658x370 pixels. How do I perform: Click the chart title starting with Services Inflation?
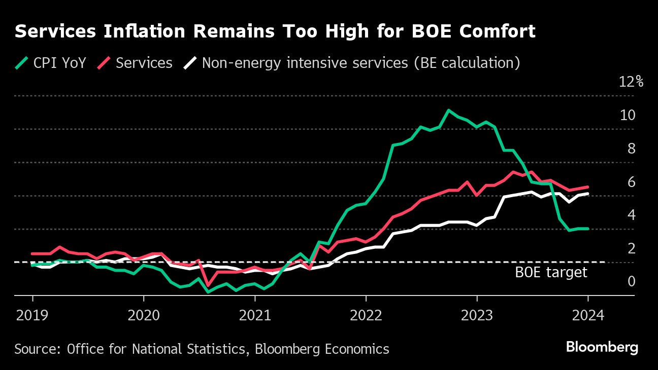pyautogui.click(x=275, y=31)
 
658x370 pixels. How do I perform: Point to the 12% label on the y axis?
pyautogui.click(x=631, y=82)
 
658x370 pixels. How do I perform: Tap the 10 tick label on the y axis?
pyautogui.click(x=628, y=115)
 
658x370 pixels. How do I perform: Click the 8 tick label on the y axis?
pyautogui.click(x=631, y=149)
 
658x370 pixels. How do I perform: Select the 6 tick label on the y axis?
pyautogui.click(x=631, y=181)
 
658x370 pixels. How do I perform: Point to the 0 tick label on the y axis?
pyautogui.click(x=631, y=281)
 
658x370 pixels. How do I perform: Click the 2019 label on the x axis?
pyautogui.click(x=32, y=315)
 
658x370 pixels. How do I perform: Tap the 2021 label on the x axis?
pyautogui.click(x=255, y=315)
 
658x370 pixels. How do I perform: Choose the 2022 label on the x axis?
pyautogui.click(x=366, y=315)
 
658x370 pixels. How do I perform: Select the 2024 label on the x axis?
pyautogui.click(x=588, y=315)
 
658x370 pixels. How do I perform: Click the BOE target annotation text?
pyautogui.click(x=551, y=273)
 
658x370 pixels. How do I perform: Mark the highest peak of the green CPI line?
pyautogui.click(x=448, y=110)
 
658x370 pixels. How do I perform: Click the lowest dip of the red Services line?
pyautogui.click(x=208, y=285)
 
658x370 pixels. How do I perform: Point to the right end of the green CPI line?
pyautogui.click(x=588, y=229)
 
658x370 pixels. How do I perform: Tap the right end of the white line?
pyautogui.click(x=588, y=193)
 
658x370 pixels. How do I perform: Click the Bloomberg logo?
pyautogui.click(x=602, y=348)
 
